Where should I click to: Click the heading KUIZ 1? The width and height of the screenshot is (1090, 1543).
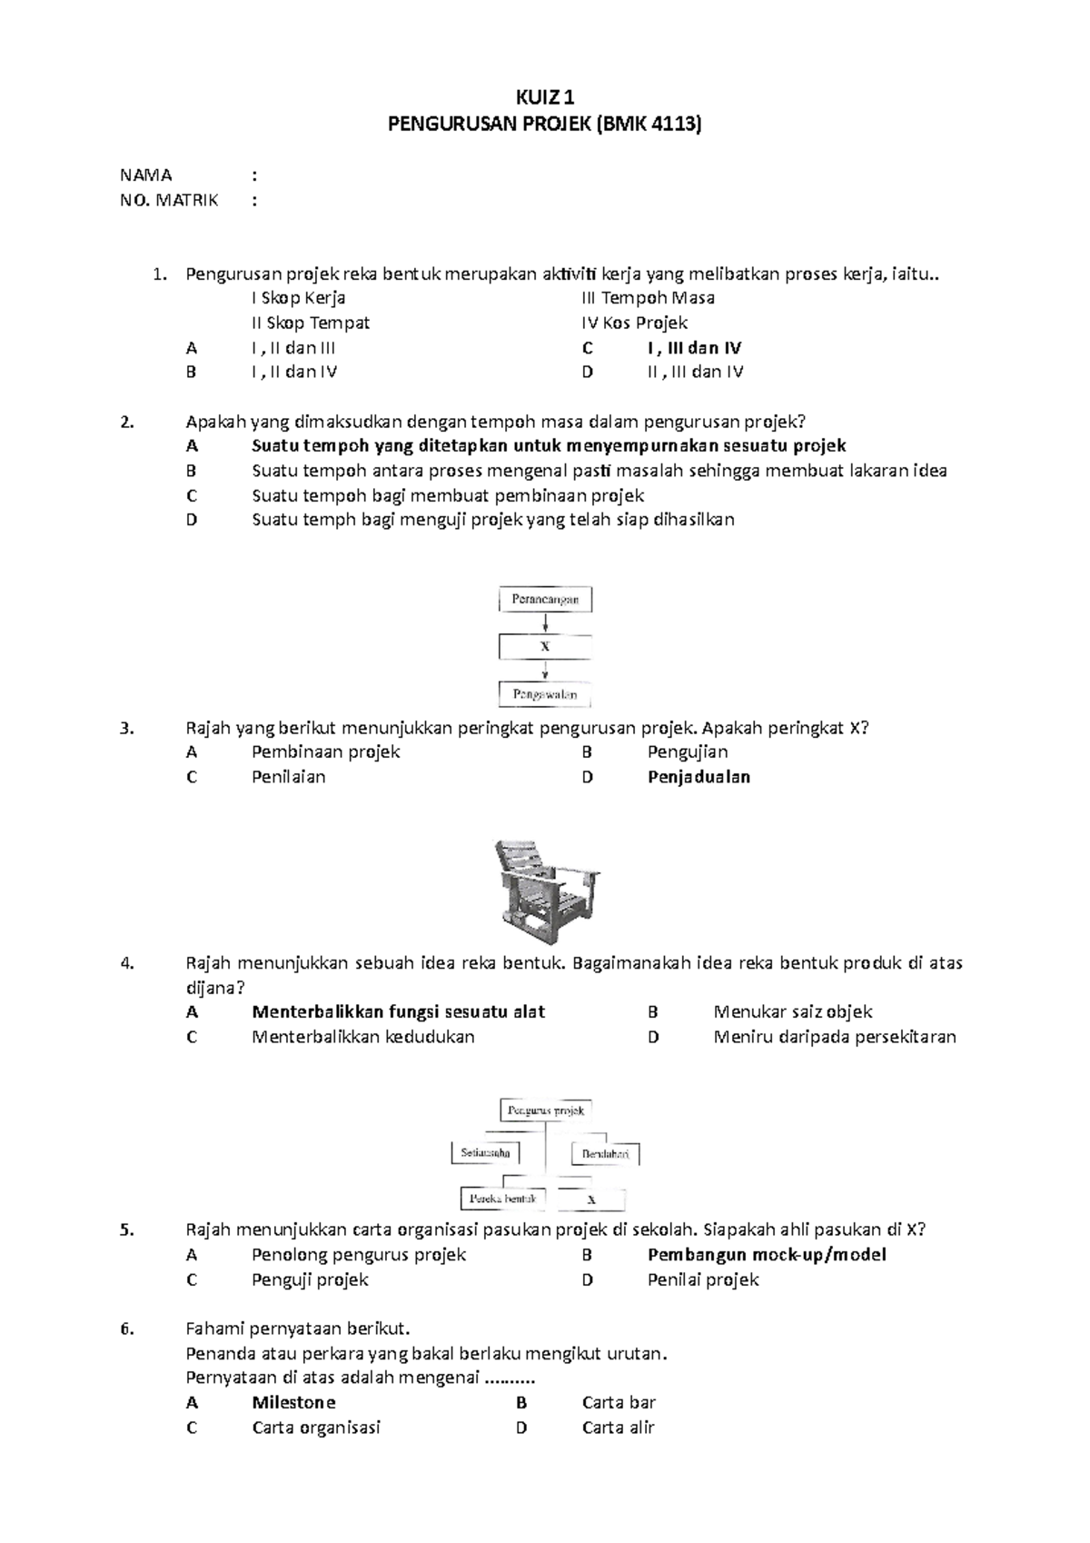pyautogui.click(x=545, y=97)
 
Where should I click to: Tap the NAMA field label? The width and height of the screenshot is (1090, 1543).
pyautogui.click(x=145, y=175)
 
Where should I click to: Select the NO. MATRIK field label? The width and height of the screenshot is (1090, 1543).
pyautogui.click(x=169, y=200)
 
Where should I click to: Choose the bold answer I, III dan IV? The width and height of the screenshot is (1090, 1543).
pyautogui.click(x=694, y=348)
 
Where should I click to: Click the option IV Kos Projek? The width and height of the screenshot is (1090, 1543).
pyautogui.click(x=634, y=323)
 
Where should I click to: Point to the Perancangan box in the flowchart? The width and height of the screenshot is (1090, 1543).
pyautogui.click(x=545, y=600)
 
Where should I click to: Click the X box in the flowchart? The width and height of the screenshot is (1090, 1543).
pyautogui.click(x=545, y=647)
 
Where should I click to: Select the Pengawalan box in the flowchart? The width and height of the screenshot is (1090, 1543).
pyautogui.click(x=545, y=695)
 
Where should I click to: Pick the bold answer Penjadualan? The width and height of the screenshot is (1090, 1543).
pyautogui.click(x=699, y=777)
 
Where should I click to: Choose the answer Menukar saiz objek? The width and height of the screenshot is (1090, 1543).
pyautogui.click(x=792, y=1011)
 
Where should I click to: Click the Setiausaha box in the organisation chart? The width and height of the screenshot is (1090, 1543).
pyautogui.click(x=486, y=1153)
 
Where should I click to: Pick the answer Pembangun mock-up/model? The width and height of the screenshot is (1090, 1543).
pyautogui.click(x=767, y=1255)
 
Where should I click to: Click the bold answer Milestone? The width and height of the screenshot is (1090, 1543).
pyautogui.click(x=293, y=1402)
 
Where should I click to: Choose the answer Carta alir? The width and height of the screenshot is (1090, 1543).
pyautogui.click(x=618, y=1428)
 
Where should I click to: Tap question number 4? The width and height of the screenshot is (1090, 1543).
pyautogui.click(x=127, y=963)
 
